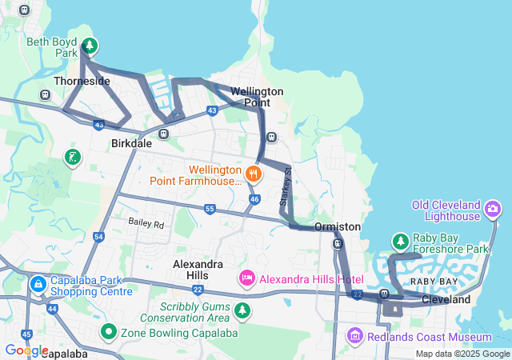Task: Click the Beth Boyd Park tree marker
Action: coord(89,46)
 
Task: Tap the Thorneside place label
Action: coord(82,82)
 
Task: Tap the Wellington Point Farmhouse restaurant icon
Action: coord(254,173)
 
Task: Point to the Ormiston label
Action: coord(338,227)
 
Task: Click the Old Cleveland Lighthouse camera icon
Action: coord(493,210)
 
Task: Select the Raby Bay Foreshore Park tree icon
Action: coord(400,241)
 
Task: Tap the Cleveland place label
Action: coord(446,300)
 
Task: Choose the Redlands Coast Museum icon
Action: coord(355,337)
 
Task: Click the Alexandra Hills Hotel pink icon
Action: coord(247,278)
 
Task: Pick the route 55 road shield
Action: coord(210,209)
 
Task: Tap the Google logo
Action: coord(26,350)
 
